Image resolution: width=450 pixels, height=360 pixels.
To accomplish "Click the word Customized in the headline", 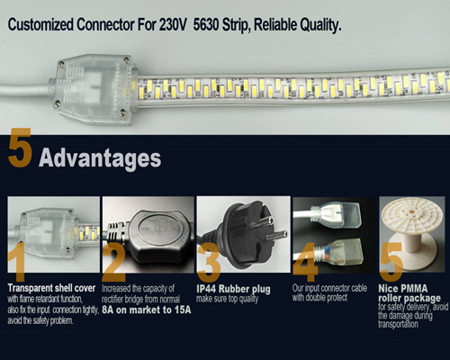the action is point(40,24).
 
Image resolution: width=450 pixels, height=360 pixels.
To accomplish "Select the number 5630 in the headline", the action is point(206,24).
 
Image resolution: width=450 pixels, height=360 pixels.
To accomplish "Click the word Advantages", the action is point(100,158).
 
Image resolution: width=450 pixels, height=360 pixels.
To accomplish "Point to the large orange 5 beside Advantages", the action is point(20,148).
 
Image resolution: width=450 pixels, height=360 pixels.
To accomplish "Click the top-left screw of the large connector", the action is point(61,64).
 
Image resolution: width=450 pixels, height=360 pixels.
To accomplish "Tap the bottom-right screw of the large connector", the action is point(122,112).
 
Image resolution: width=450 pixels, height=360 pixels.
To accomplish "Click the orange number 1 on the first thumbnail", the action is point(17,262).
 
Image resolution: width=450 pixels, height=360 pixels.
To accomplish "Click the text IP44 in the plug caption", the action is point(206,289).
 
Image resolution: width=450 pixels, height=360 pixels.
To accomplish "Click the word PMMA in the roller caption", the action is point(412,289).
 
